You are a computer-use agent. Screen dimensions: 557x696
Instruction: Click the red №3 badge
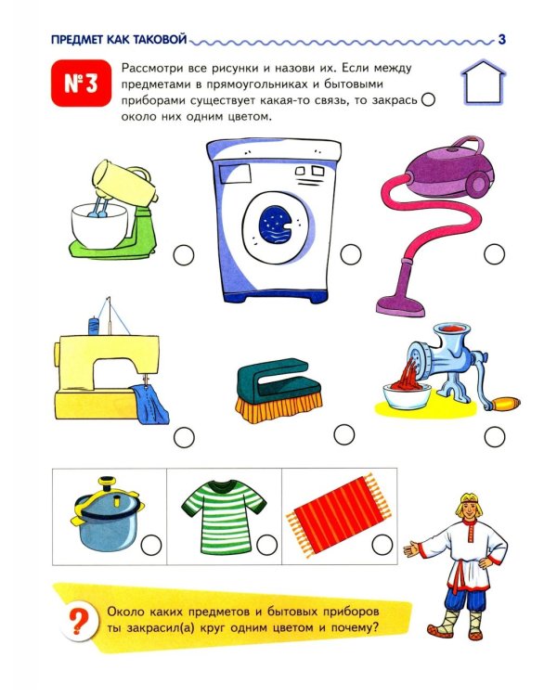point(81,83)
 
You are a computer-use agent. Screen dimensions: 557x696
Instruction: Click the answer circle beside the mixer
point(184,255)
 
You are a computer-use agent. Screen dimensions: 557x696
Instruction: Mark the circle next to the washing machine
point(351,254)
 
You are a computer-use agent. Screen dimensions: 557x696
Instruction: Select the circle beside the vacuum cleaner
point(495,254)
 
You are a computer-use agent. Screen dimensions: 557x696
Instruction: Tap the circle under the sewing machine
point(184,438)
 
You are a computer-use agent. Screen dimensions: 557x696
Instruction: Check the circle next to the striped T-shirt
point(267,545)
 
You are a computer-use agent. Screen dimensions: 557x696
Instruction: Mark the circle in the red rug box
point(382,544)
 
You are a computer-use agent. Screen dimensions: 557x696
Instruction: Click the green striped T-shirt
point(224,516)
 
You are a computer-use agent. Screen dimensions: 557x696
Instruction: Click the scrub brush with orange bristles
point(278,390)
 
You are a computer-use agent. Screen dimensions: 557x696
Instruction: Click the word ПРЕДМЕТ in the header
point(77,40)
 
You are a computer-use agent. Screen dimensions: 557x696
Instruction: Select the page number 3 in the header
point(502,40)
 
